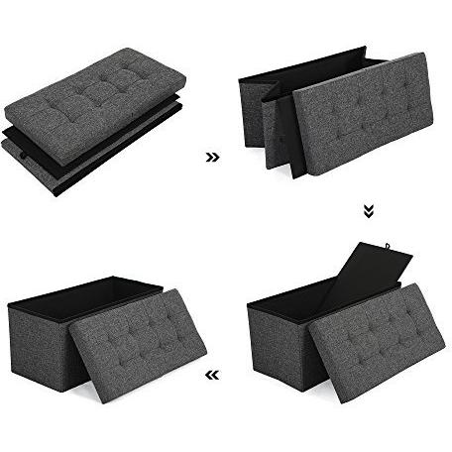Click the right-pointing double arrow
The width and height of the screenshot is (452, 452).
(211, 157)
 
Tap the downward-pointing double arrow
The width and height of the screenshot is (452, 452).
(369, 210)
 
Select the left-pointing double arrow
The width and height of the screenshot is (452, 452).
(210, 376)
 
